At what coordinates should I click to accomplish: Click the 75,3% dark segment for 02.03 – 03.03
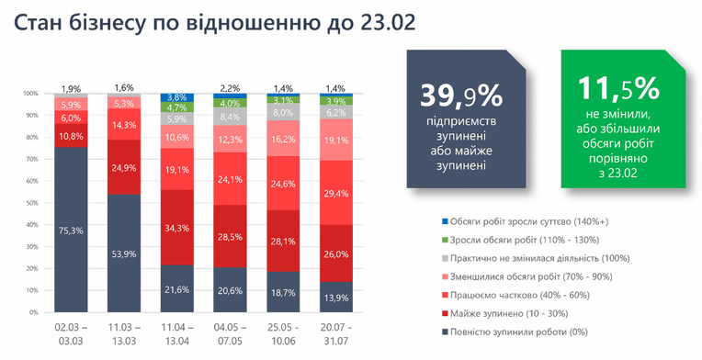(x=71, y=230)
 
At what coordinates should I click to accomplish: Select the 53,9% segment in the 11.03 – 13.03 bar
(x=124, y=253)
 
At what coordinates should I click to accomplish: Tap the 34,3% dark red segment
(x=177, y=227)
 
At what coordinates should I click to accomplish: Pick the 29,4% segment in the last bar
(x=336, y=192)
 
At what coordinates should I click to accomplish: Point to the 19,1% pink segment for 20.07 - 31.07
(x=336, y=140)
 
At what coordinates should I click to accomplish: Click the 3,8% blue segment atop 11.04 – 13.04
(x=177, y=97)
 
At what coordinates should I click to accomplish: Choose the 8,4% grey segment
(x=230, y=117)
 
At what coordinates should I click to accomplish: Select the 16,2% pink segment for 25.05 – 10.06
(x=283, y=138)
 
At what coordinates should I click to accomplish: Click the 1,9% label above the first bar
(x=71, y=88)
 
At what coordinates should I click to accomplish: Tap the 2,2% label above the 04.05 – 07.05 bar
(x=230, y=88)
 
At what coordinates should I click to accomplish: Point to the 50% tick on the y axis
(x=34, y=203)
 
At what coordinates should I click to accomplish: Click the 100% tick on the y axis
(x=33, y=94)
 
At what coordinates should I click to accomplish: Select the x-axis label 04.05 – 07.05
(x=230, y=334)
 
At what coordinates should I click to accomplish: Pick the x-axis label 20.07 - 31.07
(x=336, y=334)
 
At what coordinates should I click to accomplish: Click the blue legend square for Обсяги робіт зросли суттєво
(x=444, y=221)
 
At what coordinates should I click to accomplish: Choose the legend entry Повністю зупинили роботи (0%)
(x=515, y=332)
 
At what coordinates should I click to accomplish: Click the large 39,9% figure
(x=461, y=95)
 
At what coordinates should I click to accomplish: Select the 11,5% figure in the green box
(x=618, y=88)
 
